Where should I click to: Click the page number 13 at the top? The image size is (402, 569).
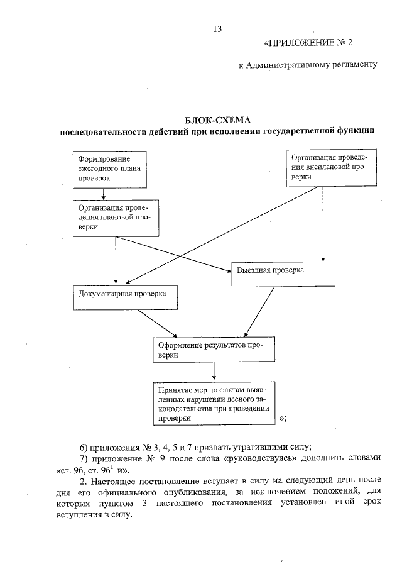point(218,29)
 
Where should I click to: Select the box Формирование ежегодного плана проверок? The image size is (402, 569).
point(111,169)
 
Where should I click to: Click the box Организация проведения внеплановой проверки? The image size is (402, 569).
point(331,168)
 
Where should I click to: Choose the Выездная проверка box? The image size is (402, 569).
point(283,271)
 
